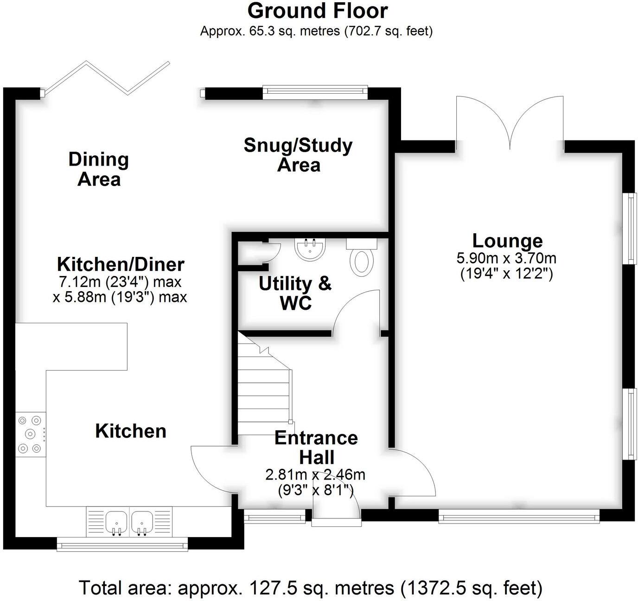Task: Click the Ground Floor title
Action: [318, 11]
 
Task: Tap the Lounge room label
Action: [507, 241]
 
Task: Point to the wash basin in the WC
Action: [311, 249]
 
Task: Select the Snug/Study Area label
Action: [298, 155]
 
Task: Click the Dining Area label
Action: [99, 169]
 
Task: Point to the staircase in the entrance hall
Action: [264, 390]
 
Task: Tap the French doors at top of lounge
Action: [510, 121]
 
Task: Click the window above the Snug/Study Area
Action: [315, 92]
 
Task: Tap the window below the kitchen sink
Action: [122, 544]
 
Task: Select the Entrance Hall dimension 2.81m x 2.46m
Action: [315, 474]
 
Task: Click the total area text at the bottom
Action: [311, 588]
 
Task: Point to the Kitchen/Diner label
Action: [121, 264]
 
